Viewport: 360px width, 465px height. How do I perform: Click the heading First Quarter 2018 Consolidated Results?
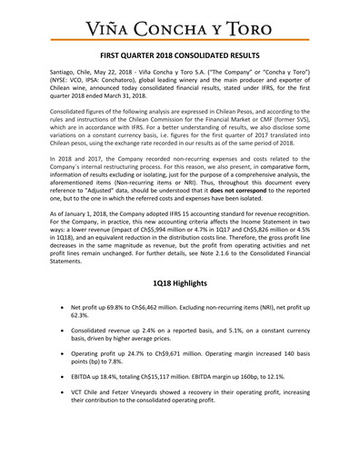[180, 55]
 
